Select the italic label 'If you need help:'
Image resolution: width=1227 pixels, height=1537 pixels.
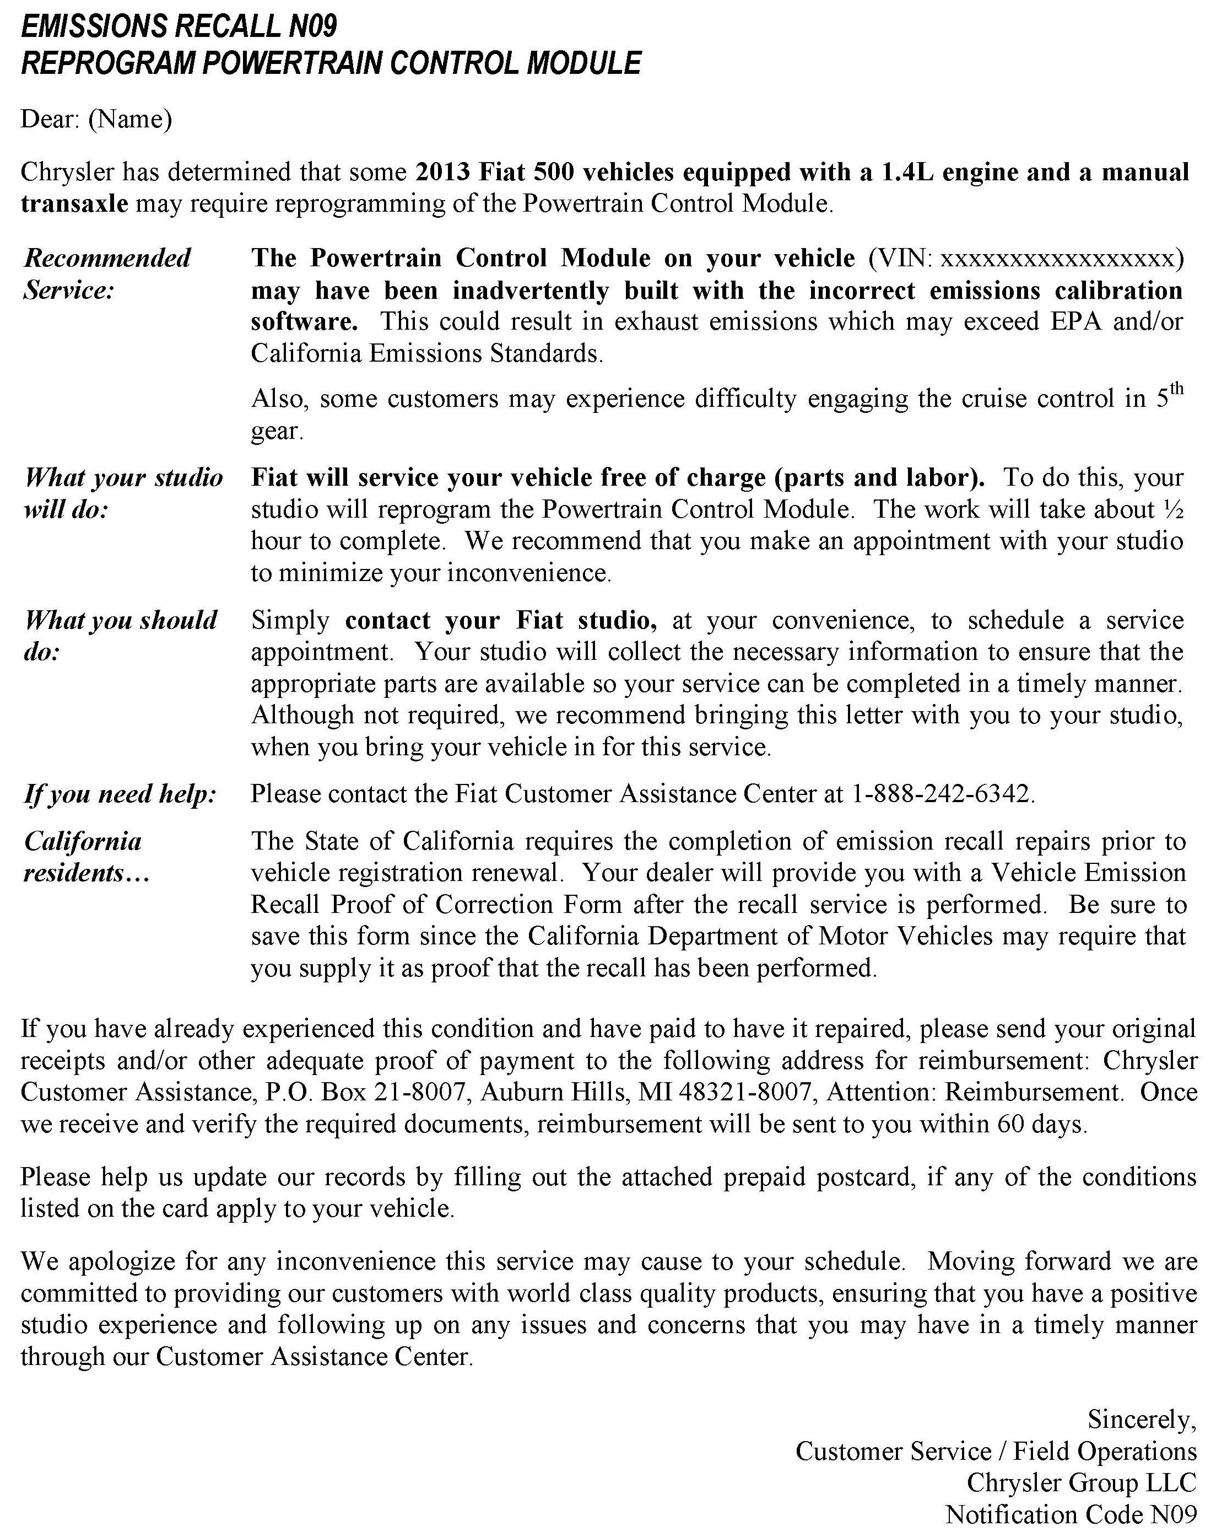click(120, 793)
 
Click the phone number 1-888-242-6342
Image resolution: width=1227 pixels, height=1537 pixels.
click(941, 793)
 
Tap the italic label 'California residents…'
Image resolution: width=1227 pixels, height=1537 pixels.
click(85, 857)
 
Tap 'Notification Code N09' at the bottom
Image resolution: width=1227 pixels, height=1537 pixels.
click(1070, 1514)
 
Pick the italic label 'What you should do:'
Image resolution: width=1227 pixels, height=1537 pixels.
click(120, 636)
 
